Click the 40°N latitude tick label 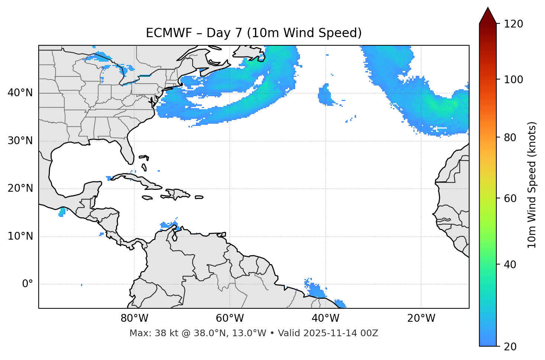(x=20, y=93)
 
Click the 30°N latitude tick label (x=20, y=141)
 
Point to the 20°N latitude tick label (x=20, y=188)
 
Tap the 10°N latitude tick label (x=20, y=236)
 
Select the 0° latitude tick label (x=27, y=284)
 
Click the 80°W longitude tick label (x=134, y=318)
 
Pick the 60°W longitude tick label (x=230, y=318)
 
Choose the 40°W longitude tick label (x=325, y=318)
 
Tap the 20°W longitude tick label (x=421, y=318)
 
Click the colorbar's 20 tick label (x=510, y=347)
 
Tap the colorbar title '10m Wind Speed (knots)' (x=532, y=185)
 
